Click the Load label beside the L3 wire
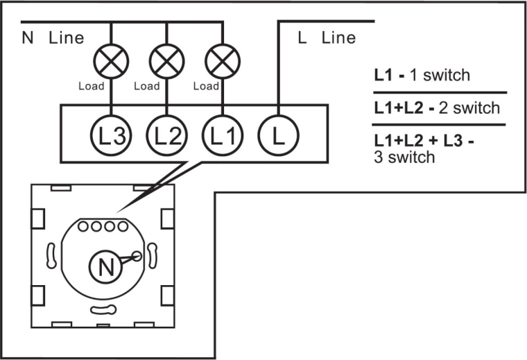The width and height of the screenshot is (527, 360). (x=91, y=87)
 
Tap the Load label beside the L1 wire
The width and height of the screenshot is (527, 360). (x=205, y=87)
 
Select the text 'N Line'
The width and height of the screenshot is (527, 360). (x=53, y=37)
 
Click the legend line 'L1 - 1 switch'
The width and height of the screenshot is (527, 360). (x=422, y=75)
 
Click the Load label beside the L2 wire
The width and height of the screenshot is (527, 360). (x=146, y=87)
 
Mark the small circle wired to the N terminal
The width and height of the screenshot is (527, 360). (x=137, y=257)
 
